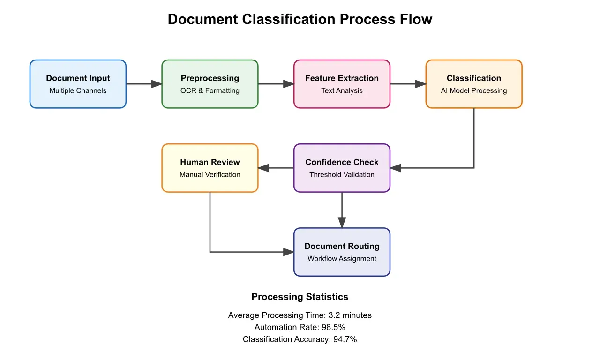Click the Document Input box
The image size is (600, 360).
(78, 84)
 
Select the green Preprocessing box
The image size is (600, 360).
(210, 84)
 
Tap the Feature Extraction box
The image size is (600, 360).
(342, 84)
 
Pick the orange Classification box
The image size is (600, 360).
(473, 84)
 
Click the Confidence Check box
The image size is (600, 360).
(342, 168)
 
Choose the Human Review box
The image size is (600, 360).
(210, 168)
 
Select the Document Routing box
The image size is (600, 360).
(342, 252)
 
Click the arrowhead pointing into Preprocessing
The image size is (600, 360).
(156, 84)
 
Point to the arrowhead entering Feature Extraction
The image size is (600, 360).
(288, 84)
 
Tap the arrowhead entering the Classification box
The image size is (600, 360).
(420, 84)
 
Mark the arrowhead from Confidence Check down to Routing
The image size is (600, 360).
(342, 222)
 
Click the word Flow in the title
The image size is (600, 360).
(412, 19)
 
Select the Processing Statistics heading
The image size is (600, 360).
(300, 297)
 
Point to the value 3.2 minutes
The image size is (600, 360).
(350, 315)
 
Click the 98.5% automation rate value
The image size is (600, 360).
(333, 327)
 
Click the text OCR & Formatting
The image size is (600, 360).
(210, 90)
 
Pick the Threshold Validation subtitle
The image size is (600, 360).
(342, 174)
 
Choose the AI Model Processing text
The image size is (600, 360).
(473, 90)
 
